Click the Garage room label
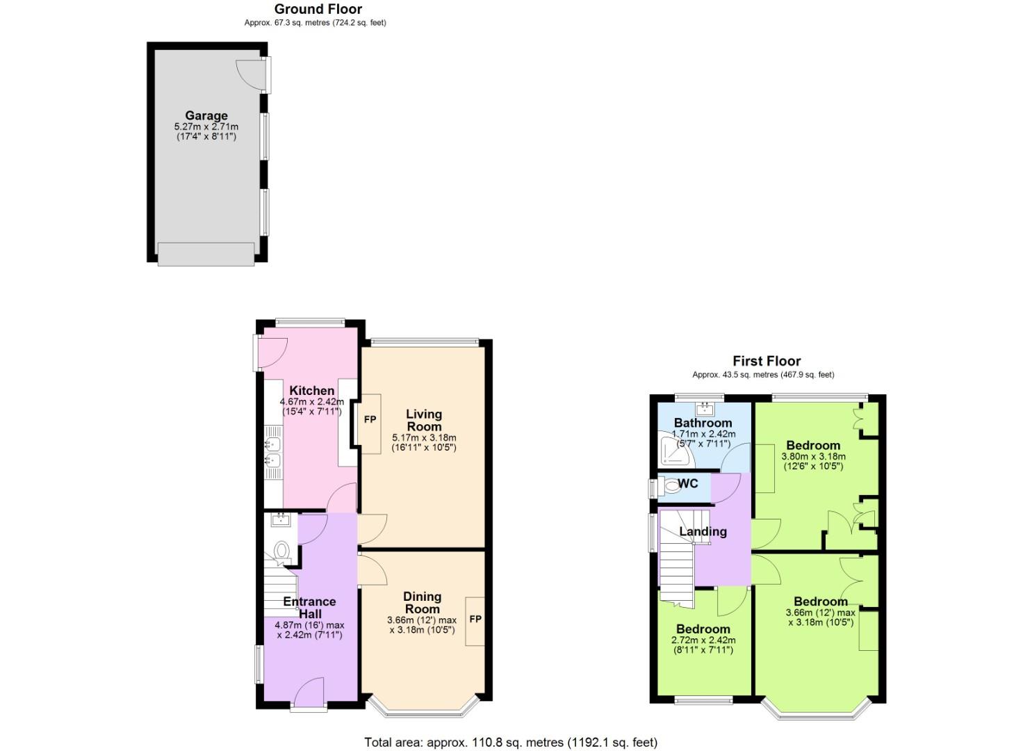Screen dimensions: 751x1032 click(x=206, y=116)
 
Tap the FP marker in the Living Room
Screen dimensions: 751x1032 click(x=370, y=419)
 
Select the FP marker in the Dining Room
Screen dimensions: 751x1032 click(x=475, y=619)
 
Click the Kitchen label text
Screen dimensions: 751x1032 click(x=311, y=391)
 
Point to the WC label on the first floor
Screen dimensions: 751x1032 click(x=687, y=483)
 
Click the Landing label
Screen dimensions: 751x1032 click(x=703, y=532)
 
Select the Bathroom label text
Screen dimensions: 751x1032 click(x=703, y=423)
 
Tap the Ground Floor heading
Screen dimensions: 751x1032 click(x=318, y=9)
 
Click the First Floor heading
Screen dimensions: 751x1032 click(x=766, y=361)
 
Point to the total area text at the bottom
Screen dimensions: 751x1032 click(x=511, y=743)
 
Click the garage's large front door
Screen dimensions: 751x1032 click(x=206, y=254)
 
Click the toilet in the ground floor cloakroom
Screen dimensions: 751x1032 click(x=281, y=551)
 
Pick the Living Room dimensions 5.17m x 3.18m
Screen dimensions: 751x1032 click(x=424, y=437)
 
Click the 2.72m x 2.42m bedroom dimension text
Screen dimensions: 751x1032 click(x=703, y=640)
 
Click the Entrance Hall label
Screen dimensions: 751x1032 click(x=309, y=608)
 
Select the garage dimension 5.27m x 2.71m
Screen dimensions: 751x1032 click(x=206, y=127)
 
